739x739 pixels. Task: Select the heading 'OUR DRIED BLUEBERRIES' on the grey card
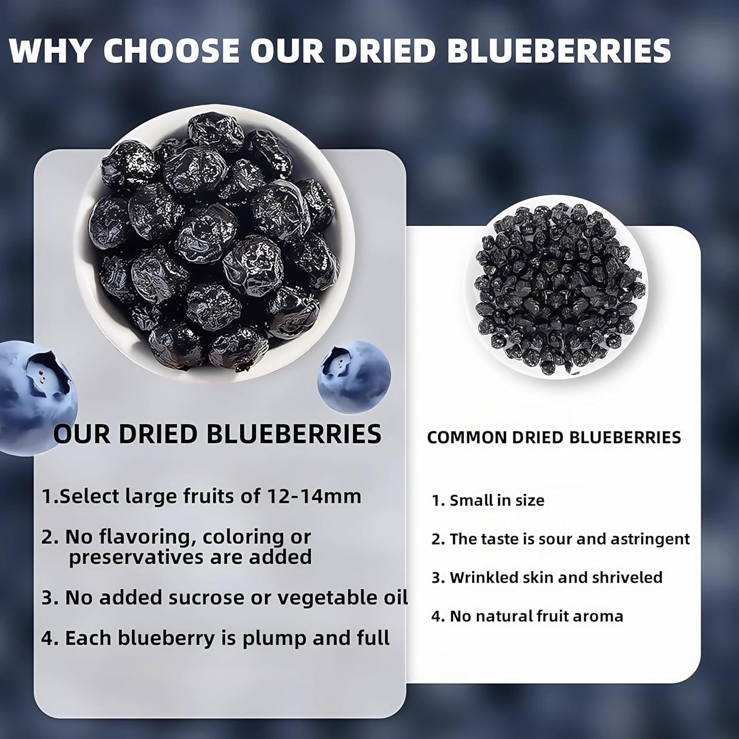(x=217, y=434)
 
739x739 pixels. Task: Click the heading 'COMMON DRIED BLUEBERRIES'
(x=554, y=437)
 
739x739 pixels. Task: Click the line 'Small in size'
(x=488, y=501)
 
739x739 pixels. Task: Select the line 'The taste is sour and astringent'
(x=561, y=539)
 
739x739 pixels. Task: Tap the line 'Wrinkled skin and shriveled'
(x=547, y=577)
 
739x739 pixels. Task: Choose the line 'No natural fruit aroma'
(x=527, y=616)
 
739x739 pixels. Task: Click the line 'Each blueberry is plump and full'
(x=215, y=638)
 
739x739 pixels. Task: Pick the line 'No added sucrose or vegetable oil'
(x=225, y=598)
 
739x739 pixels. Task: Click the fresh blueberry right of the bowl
(x=354, y=372)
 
